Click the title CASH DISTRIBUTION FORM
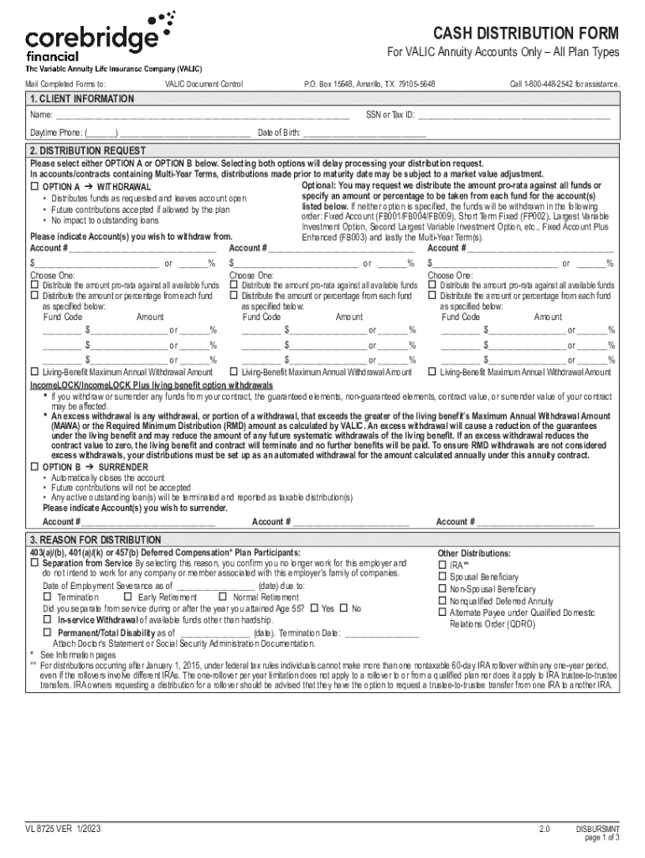coord(525,34)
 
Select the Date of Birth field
coord(364,133)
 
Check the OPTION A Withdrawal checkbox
coord(34,186)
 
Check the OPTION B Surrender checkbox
coord(34,467)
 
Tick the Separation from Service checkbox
coord(34,564)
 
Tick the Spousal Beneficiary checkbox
coord(442,577)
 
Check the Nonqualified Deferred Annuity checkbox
coord(442,601)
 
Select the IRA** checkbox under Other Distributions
coord(442,565)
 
